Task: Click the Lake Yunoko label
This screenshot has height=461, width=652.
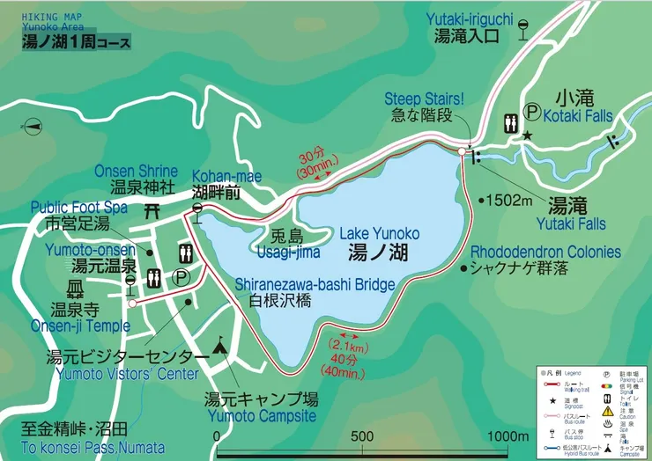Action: (x=379, y=233)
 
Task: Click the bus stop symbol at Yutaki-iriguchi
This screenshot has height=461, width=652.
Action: (x=523, y=29)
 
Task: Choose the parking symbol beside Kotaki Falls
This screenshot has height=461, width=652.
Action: (x=532, y=112)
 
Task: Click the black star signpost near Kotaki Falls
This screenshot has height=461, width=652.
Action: (x=527, y=135)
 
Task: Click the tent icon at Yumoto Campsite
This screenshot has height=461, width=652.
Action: (x=220, y=348)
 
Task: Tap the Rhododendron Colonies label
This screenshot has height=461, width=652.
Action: (x=545, y=252)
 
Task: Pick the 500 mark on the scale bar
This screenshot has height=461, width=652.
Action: (x=362, y=437)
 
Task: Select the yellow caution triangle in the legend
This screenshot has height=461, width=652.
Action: (x=607, y=410)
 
